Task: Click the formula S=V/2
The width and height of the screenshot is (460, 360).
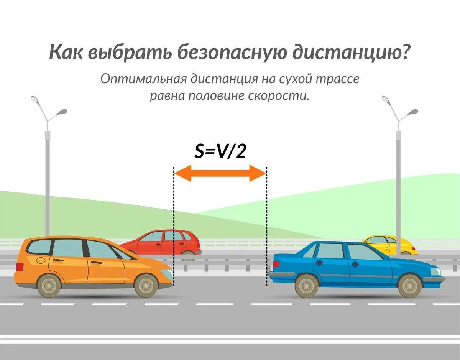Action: tap(220, 151)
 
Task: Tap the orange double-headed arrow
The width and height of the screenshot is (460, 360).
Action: tap(220, 173)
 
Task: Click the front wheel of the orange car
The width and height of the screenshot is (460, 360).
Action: tap(146, 285)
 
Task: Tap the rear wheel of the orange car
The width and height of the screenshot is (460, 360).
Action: tap(49, 285)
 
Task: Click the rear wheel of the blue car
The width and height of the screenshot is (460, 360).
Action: tap(307, 286)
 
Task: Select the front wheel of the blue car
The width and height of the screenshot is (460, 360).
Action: tap(410, 286)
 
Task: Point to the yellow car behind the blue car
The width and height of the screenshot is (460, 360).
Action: tap(387, 243)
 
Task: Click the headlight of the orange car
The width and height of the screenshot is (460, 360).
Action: tap(167, 273)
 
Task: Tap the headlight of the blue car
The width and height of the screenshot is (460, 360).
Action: tap(436, 271)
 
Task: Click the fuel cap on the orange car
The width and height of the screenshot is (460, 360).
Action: tap(40, 260)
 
